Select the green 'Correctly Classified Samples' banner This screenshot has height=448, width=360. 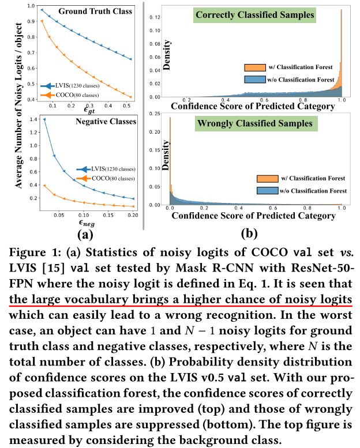pyautogui.click(x=247, y=15)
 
